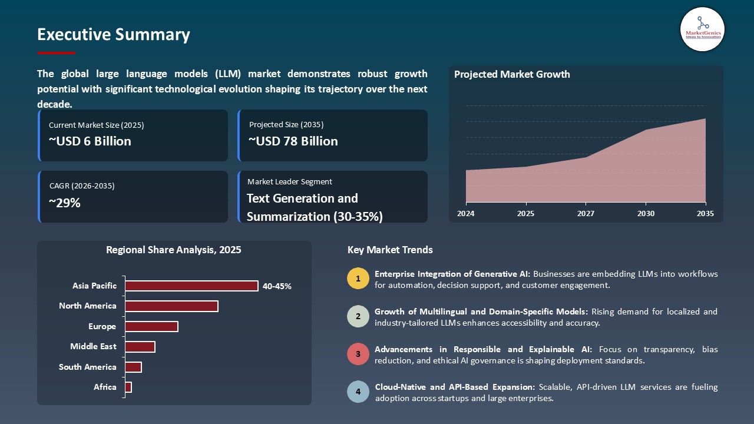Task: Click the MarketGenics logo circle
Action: (702, 29)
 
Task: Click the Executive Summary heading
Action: (114, 35)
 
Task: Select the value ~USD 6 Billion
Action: (90, 141)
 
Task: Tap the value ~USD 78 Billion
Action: (293, 141)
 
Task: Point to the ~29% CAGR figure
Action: (65, 203)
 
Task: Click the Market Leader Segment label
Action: (290, 182)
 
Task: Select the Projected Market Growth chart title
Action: (512, 74)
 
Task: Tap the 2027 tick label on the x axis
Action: (586, 214)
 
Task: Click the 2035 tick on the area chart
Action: (705, 214)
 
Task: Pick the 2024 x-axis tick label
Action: (466, 214)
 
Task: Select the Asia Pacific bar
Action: (191, 286)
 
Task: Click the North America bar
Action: (171, 306)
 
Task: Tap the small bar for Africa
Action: (128, 387)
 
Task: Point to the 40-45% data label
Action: (277, 286)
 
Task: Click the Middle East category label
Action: (93, 347)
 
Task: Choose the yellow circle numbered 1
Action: (358, 279)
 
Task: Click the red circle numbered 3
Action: (358, 355)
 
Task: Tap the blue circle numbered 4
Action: (358, 392)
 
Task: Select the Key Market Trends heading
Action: (390, 250)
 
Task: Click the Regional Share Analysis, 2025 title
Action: (174, 250)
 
